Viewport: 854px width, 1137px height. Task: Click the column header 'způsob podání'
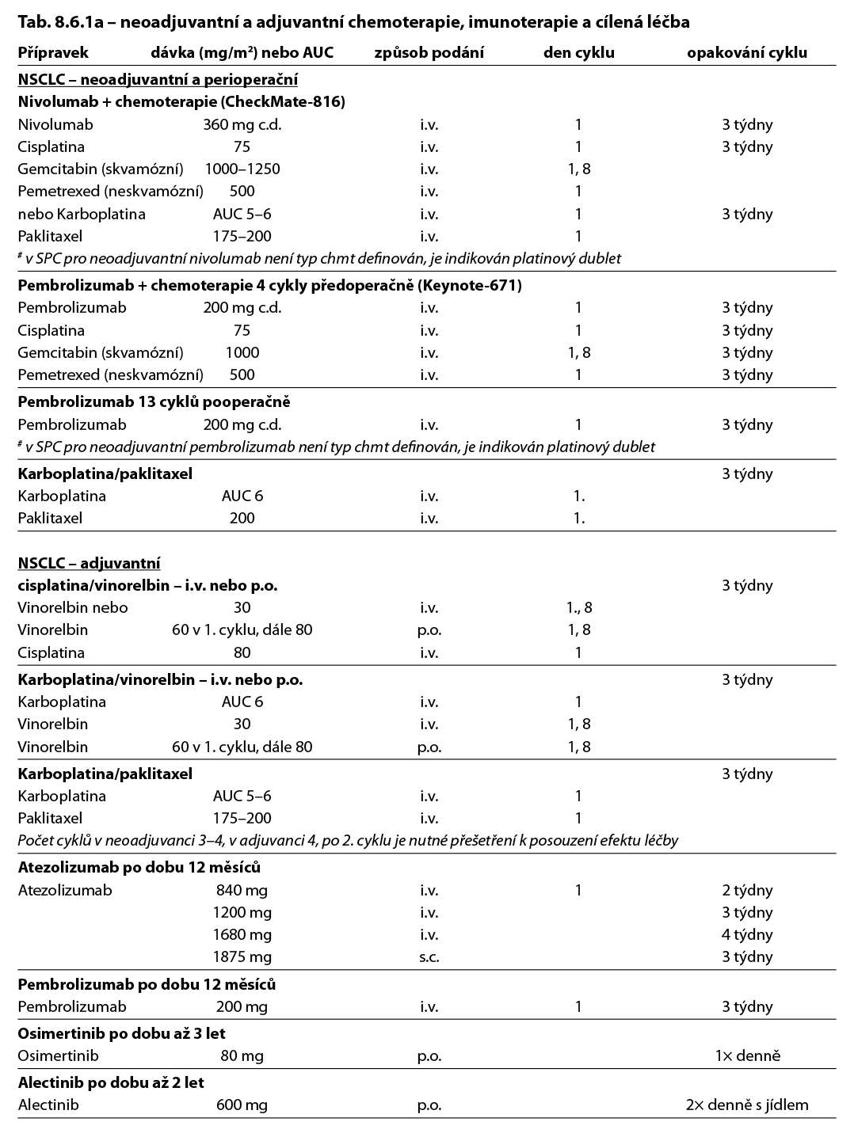pyautogui.click(x=429, y=53)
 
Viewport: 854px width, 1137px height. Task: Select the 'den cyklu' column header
pyautogui.click(x=578, y=53)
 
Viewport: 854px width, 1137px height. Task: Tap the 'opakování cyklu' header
pyautogui.click(x=747, y=53)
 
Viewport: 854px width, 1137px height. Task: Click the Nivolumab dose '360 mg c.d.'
pyautogui.click(x=242, y=124)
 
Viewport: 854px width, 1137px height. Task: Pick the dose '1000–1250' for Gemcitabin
pyautogui.click(x=242, y=169)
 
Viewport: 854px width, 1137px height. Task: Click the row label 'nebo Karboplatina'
pyautogui.click(x=82, y=214)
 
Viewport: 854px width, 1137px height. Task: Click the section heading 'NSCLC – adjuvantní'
pyautogui.click(x=90, y=563)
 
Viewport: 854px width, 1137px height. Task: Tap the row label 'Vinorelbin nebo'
pyautogui.click(x=73, y=607)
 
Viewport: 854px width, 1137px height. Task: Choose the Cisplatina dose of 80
pyautogui.click(x=242, y=652)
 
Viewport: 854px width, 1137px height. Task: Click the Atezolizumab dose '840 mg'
pyautogui.click(x=242, y=890)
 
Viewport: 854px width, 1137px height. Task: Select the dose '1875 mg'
pyautogui.click(x=242, y=956)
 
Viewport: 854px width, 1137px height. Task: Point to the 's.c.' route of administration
pyautogui.click(x=429, y=956)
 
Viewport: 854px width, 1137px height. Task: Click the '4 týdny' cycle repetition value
pyautogui.click(x=747, y=934)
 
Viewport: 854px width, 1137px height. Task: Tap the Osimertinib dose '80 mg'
pyautogui.click(x=242, y=1055)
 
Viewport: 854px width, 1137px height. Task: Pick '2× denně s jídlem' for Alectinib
pyautogui.click(x=747, y=1105)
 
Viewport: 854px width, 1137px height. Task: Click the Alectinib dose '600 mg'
pyautogui.click(x=242, y=1105)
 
